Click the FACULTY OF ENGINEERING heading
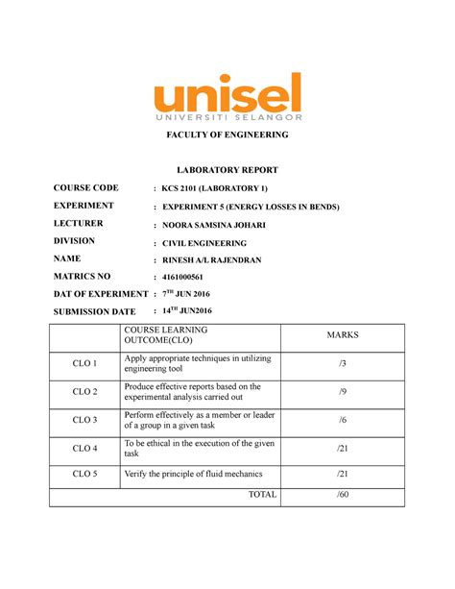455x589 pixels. click(x=227, y=134)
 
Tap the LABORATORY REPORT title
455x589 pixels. click(x=227, y=169)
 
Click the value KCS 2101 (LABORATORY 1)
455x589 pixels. click(x=222, y=188)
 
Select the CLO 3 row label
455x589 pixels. click(x=85, y=420)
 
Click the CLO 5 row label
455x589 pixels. click(x=85, y=475)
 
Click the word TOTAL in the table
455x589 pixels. click(x=262, y=495)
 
